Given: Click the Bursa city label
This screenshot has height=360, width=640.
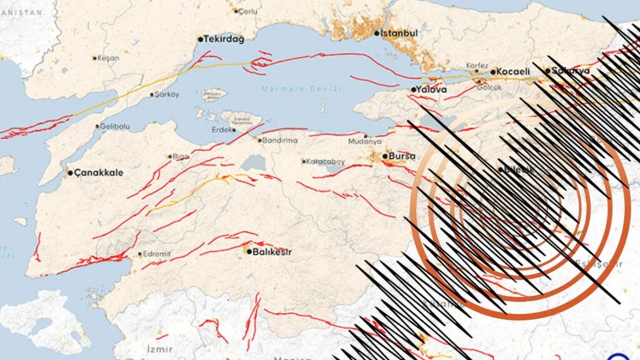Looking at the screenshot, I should [402, 156].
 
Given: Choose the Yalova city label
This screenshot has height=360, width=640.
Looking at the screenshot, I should [431, 90].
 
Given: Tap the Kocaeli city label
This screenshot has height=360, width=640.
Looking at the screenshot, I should [514, 72].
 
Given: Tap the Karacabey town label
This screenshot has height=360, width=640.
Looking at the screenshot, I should [326, 161].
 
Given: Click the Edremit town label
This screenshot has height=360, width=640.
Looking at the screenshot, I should [156, 254].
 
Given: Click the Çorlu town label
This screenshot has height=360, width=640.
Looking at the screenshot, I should [247, 11].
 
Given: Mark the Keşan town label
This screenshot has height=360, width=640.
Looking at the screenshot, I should [108, 58].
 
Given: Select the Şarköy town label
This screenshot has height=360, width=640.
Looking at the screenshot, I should [167, 94].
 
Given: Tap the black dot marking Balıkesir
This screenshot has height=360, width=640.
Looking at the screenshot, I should [249, 252].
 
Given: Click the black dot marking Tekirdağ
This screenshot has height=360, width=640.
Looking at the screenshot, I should [201, 39].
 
